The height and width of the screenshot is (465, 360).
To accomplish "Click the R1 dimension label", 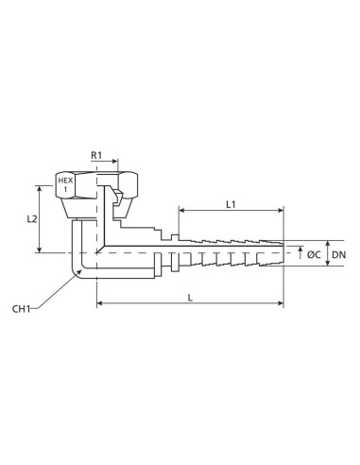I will [x=97, y=153].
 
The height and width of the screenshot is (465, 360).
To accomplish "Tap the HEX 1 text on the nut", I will [x=65, y=185].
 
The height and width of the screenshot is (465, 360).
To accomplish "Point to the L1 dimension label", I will [x=230, y=204].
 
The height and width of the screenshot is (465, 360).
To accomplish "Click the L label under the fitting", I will [x=191, y=297].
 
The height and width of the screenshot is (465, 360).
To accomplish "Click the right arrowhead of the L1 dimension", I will [x=281, y=212].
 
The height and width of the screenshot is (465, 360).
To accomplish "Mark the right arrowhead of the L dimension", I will [x=281, y=304].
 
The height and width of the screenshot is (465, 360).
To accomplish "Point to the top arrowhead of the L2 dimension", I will [x=39, y=186].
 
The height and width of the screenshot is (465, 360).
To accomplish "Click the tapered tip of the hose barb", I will [x=280, y=253].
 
